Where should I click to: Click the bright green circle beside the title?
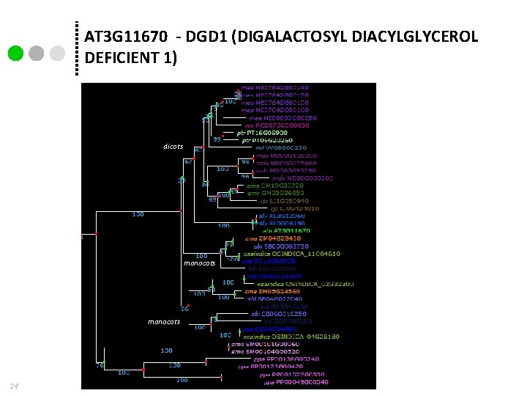coord(16,54)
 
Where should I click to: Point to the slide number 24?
coord(14,386)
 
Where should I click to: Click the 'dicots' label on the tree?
coord(173,147)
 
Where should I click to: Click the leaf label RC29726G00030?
coord(283,125)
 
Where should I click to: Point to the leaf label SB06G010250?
coord(274,313)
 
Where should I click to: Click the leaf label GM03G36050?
coord(275,193)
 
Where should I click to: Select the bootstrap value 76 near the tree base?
coord(100,364)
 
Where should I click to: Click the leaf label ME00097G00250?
coord(283,117)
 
